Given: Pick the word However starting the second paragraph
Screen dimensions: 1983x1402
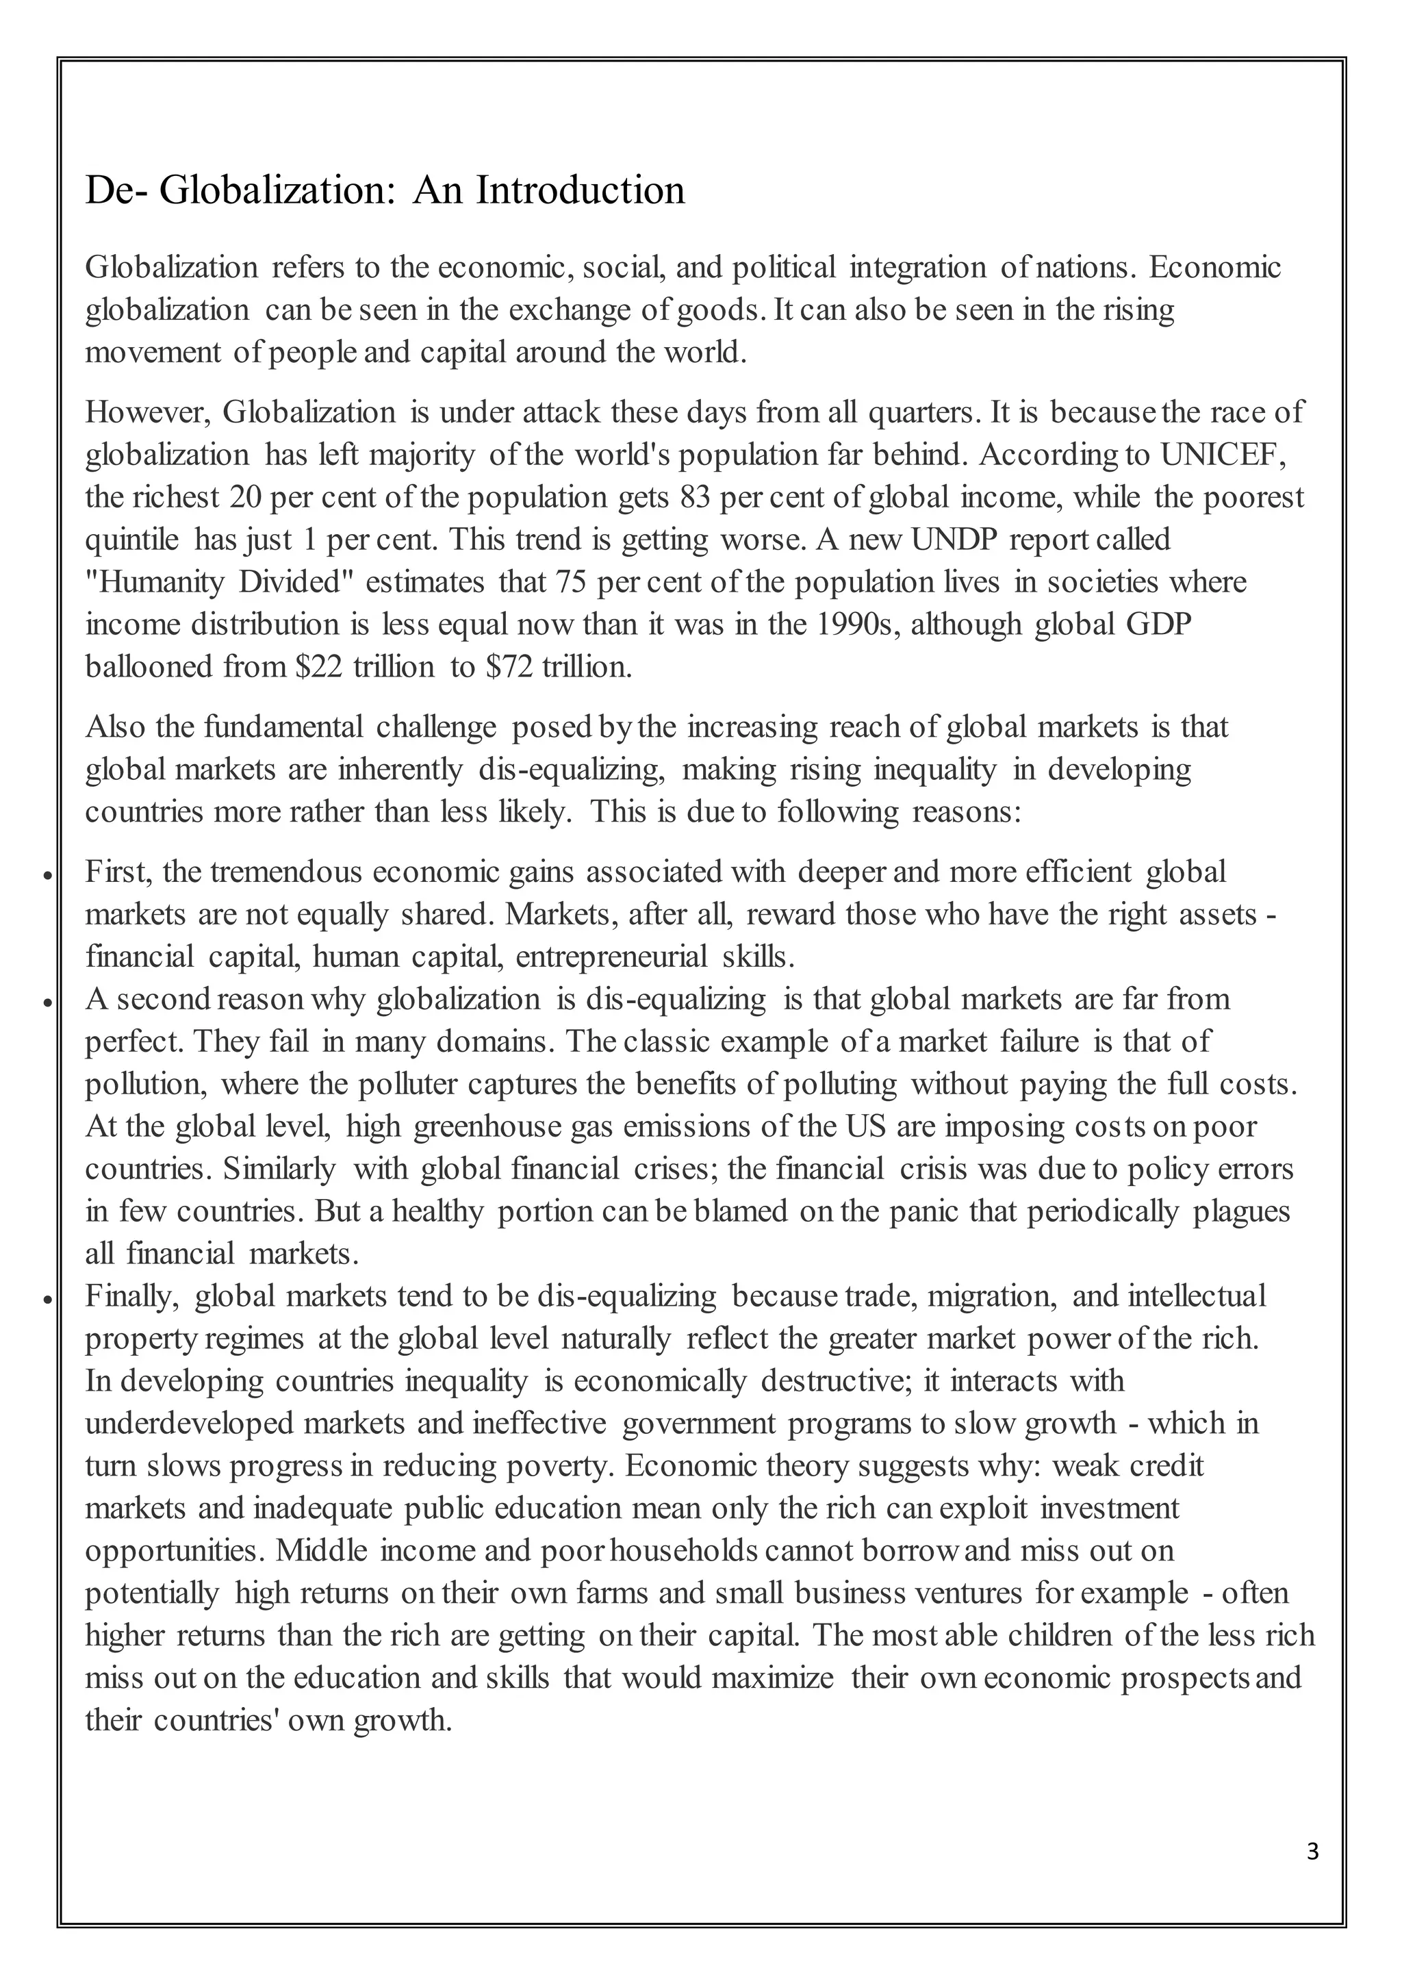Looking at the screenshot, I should tap(148, 413).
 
